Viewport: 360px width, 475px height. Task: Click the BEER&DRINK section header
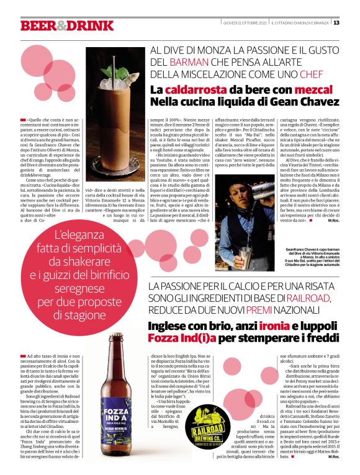coord(67,25)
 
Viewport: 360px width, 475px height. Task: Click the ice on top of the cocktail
coord(115,80)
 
